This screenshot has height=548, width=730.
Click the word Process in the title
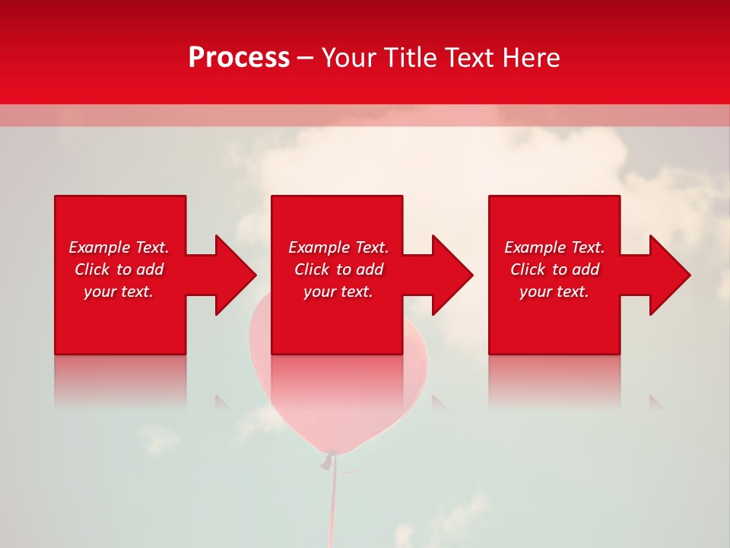[x=239, y=58]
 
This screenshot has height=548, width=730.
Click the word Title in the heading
[x=410, y=58]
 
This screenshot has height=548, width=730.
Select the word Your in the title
[x=351, y=58]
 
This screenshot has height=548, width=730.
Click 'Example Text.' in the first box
[x=119, y=247]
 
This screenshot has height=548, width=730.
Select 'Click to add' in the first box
[x=119, y=269]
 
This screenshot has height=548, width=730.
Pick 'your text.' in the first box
[x=119, y=292]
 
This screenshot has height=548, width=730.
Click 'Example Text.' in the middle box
[x=338, y=247]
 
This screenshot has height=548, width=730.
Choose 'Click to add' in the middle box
[x=338, y=269]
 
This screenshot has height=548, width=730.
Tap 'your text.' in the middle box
[x=338, y=292]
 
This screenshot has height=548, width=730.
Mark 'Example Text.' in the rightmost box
[x=554, y=247]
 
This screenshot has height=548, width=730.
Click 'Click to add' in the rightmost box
[x=554, y=269]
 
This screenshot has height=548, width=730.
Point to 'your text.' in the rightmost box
[x=554, y=292]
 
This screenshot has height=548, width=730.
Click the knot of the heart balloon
[x=329, y=460]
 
